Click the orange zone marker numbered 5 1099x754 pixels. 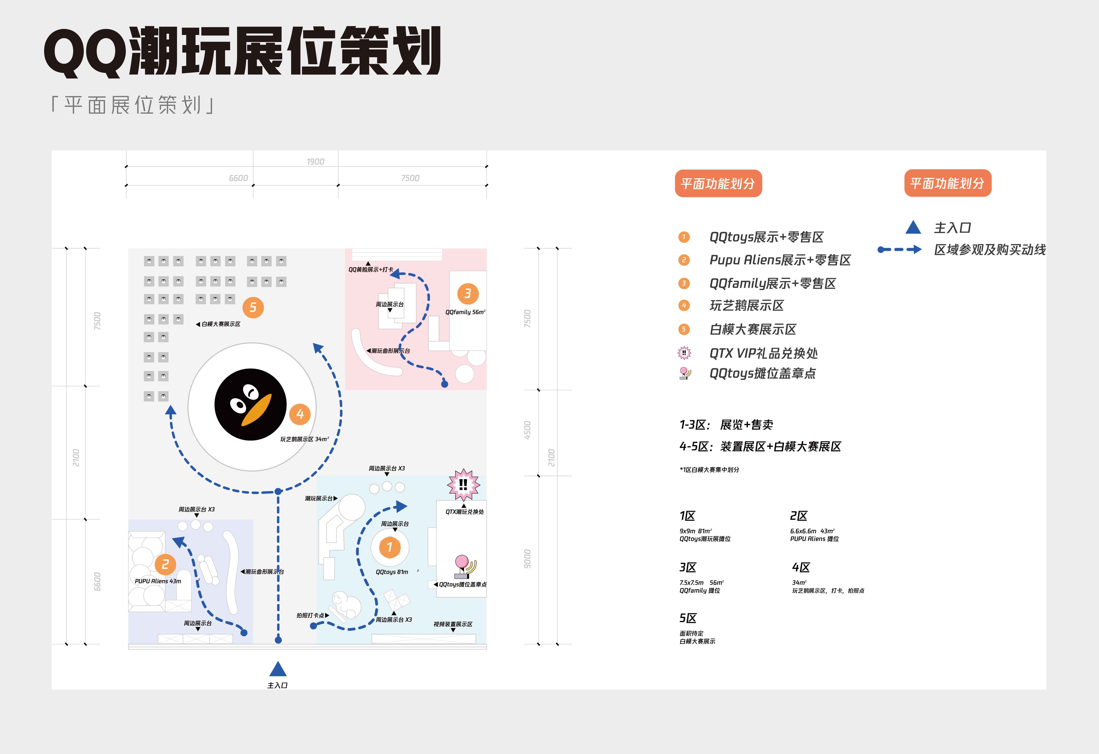tap(253, 308)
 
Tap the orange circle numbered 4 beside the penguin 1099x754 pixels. tap(300, 414)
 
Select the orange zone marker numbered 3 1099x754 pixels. tap(468, 294)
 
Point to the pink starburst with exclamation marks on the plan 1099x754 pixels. tap(463, 485)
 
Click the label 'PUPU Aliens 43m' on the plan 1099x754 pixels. tap(158, 581)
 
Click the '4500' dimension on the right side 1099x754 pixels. tap(527, 430)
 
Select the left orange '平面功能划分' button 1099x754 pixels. tap(718, 183)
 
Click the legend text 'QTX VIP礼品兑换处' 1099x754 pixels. tap(763, 353)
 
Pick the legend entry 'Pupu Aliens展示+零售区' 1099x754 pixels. tap(780, 260)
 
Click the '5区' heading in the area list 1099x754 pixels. tap(688, 618)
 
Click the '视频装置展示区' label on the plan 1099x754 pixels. tap(452, 625)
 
